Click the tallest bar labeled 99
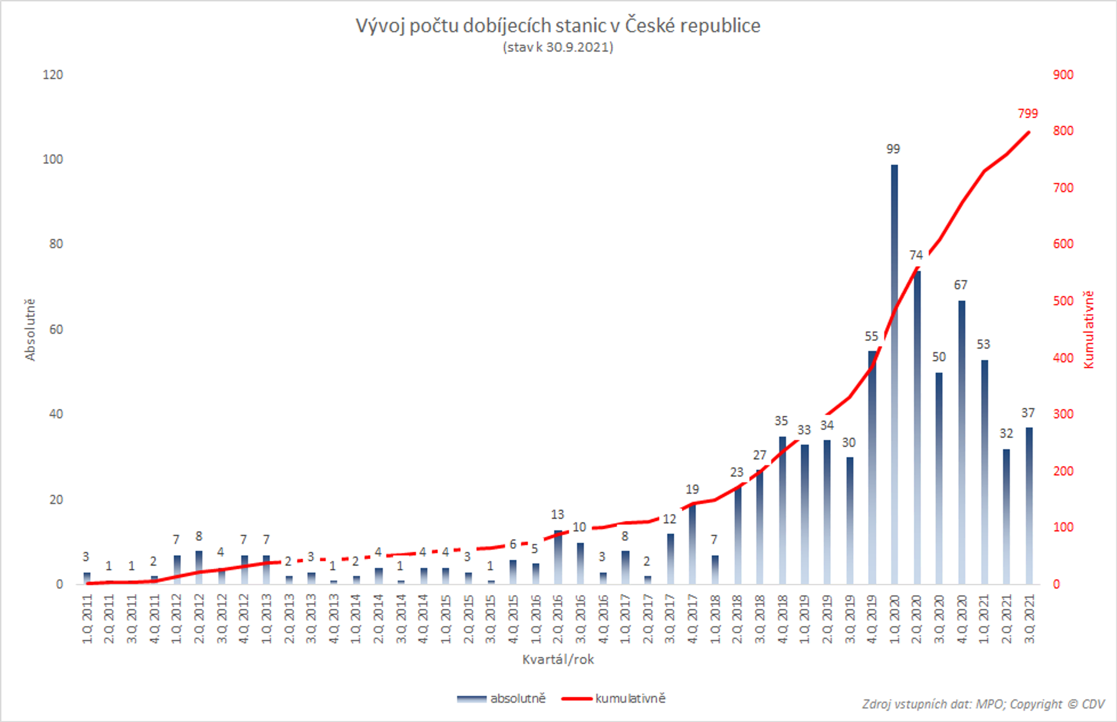coord(894,375)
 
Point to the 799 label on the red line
coord(1028,114)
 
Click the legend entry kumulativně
coord(630,699)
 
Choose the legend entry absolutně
coord(518,699)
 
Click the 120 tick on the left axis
coord(53,75)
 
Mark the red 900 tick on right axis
coord(1063,75)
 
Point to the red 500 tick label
coord(1063,301)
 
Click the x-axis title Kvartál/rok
coord(558,660)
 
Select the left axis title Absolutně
coord(30,330)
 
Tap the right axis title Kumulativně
coord(1089,330)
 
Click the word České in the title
coord(649,26)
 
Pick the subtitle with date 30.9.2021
coord(558,47)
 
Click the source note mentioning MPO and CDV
coord(983,704)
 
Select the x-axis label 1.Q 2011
coord(87,619)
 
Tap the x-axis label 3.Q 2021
coord(1030,619)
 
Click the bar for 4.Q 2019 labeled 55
coord(872,469)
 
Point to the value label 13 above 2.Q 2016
coord(557,515)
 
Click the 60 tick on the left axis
coord(56,330)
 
